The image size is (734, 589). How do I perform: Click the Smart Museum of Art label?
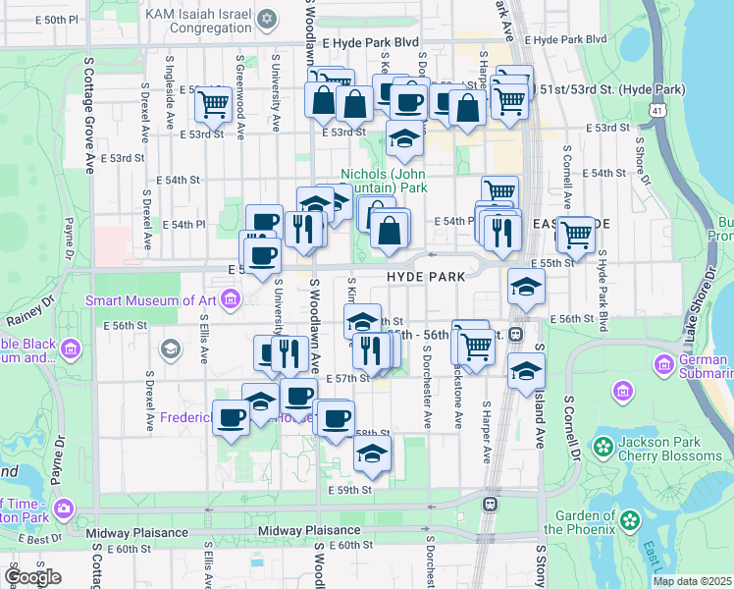(152, 300)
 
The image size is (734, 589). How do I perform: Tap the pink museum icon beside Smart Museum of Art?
(230, 297)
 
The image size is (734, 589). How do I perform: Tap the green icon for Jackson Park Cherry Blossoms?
(603, 447)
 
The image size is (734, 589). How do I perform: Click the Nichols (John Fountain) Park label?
(384, 181)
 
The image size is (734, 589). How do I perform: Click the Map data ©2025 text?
(692, 581)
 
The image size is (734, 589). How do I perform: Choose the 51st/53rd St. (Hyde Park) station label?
(611, 89)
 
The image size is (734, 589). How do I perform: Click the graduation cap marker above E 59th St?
(372, 454)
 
